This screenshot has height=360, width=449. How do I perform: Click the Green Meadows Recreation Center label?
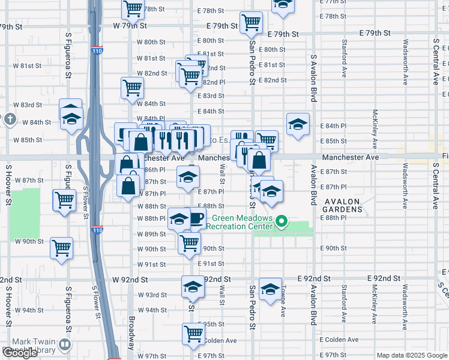(x=239, y=222)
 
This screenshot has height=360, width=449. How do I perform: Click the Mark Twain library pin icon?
(x=64, y=345)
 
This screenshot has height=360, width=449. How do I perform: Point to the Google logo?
(x=20, y=353)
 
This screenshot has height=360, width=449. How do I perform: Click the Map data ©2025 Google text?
(x=412, y=355)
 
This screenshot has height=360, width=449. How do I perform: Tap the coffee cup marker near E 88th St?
(x=196, y=219)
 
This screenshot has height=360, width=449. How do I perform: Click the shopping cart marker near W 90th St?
(x=62, y=247)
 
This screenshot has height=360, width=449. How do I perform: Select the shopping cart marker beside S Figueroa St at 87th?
(x=64, y=200)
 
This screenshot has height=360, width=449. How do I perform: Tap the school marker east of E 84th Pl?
(x=297, y=124)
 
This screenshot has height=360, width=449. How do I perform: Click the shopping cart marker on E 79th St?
(x=251, y=23)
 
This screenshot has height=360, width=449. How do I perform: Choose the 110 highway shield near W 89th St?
(x=97, y=230)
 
